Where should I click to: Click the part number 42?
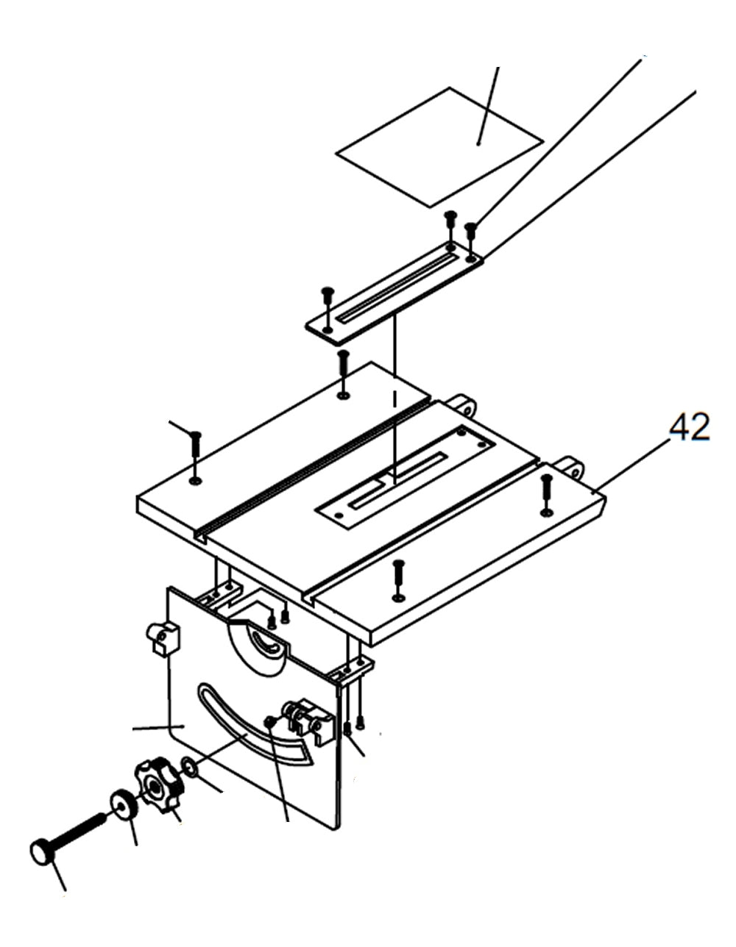point(690,428)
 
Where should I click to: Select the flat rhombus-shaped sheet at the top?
point(440,146)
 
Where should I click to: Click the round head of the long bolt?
point(42,853)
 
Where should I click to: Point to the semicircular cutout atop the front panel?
point(258,648)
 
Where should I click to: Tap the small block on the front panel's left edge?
point(163,637)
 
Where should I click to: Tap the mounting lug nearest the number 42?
point(570,466)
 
